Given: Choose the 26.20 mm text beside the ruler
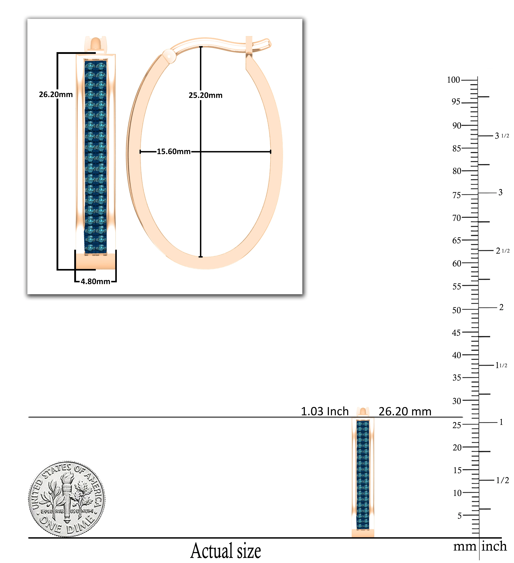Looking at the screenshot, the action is pyautogui.click(x=405, y=411).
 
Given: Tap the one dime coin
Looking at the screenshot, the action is pyautogui.click(x=67, y=499).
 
